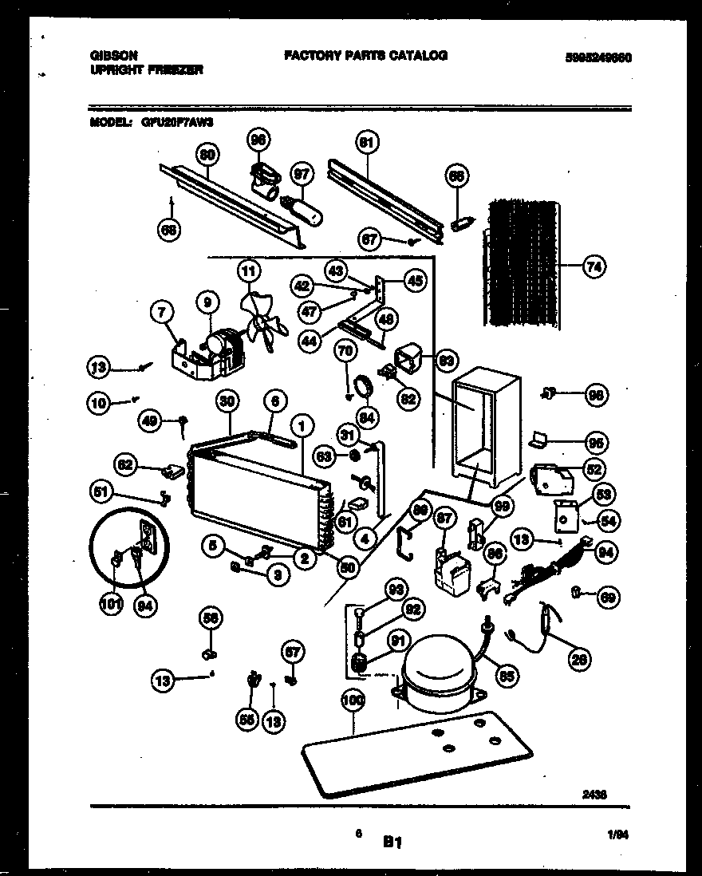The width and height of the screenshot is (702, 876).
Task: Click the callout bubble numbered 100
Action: [353, 701]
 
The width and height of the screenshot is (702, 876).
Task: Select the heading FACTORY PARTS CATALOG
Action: [365, 55]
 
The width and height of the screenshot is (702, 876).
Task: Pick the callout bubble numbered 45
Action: [416, 280]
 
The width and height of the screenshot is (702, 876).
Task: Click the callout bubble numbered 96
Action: [257, 138]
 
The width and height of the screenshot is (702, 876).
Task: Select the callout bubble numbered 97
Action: [302, 173]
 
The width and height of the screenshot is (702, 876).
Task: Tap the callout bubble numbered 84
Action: [369, 416]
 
